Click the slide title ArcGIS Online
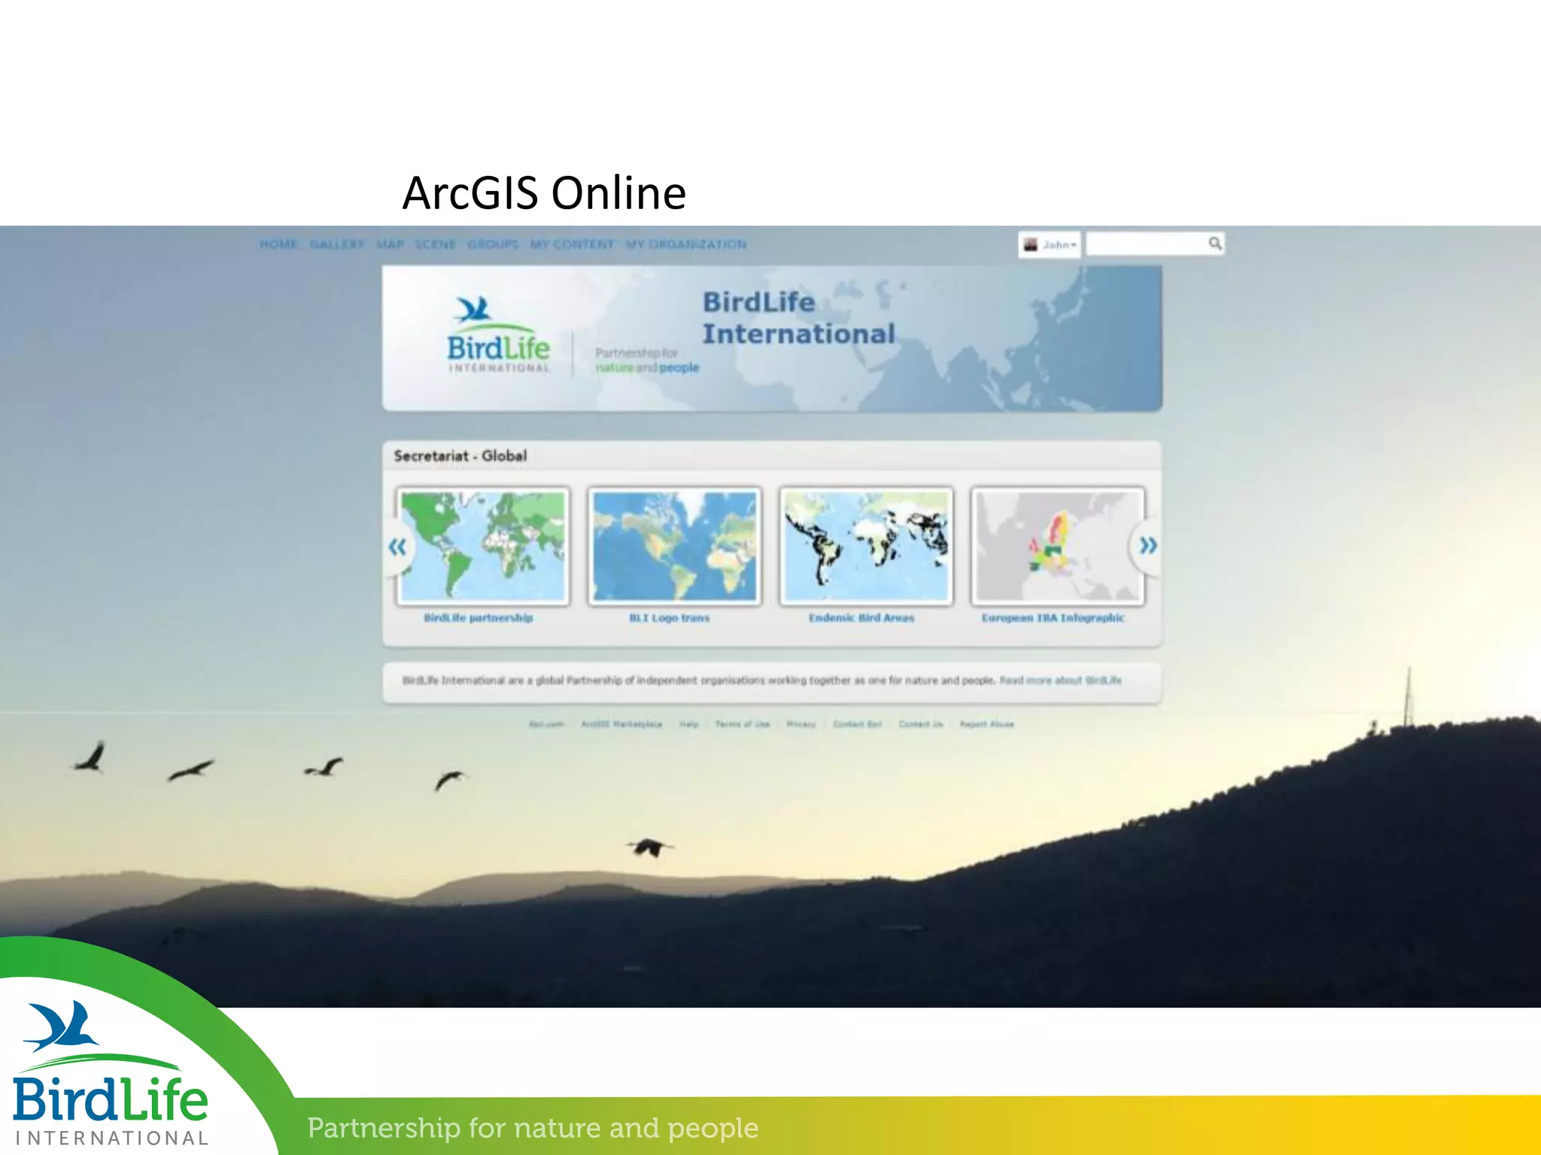point(544,192)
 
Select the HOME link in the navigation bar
point(278,244)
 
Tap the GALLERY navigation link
point(336,244)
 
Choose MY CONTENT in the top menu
point(572,244)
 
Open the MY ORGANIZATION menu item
point(686,244)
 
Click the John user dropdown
point(1050,244)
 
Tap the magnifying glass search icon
point(1214,243)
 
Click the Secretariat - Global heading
point(460,456)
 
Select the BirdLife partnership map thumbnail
point(483,546)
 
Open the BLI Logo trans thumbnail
point(674,546)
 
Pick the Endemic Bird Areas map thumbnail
point(866,546)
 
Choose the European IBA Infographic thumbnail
point(1057,546)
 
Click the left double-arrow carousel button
point(397,547)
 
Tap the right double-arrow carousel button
point(1147,545)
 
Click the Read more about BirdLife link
point(1060,681)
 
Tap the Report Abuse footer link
point(986,724)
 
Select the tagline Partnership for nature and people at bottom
point(533,1128)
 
